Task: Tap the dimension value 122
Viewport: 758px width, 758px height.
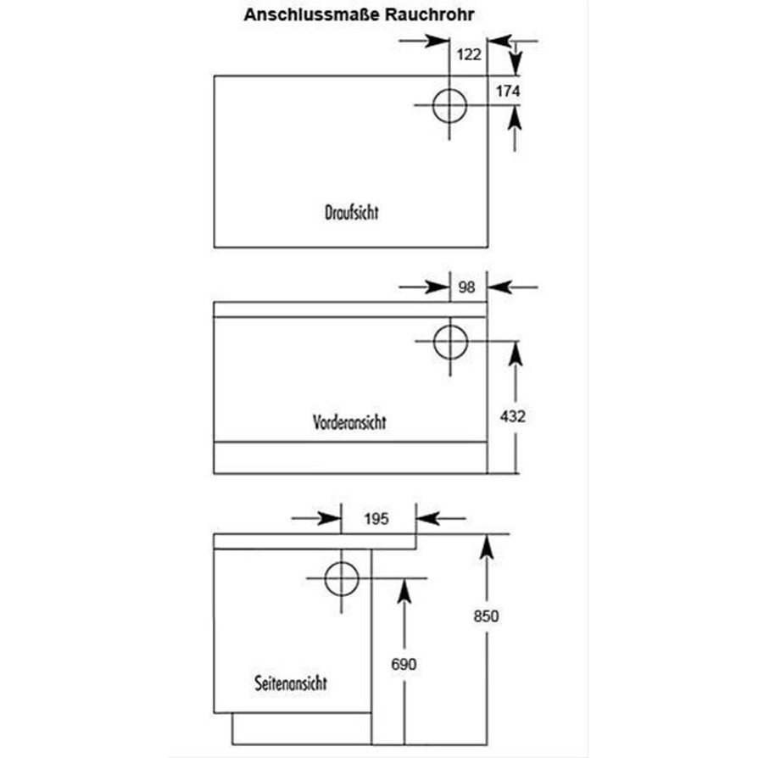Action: point(469,55)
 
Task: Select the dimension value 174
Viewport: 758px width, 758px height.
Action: point(507,91)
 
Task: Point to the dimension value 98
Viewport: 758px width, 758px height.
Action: point(466,287)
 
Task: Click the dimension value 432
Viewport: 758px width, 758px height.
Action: point(513,416)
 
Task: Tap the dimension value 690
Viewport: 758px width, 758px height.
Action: point(404,665)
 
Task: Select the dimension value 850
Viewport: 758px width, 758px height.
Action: point(486,616)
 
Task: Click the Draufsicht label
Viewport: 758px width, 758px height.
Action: point(351,212)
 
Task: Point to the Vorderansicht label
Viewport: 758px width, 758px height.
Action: point(348,421)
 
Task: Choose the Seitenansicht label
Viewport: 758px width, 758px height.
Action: point(290,683)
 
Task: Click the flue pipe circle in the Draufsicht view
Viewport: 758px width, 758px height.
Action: point(449,105)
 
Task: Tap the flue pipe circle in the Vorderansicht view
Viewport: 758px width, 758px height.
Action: point(450,342)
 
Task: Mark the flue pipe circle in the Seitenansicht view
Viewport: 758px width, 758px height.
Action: point(342,579)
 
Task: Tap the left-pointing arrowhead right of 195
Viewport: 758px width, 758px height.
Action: point(427,518)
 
